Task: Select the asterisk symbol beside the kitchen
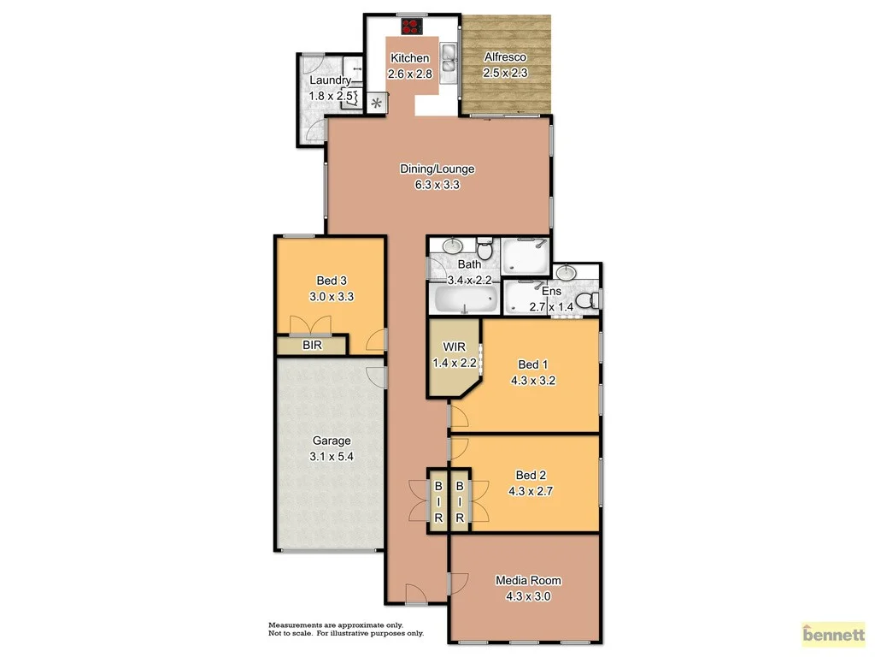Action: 376,104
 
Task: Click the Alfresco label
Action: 505,58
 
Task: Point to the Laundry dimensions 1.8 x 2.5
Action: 331,96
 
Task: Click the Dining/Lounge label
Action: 437,169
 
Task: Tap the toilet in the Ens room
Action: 585,301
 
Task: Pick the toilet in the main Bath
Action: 485,251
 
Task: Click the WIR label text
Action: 453,347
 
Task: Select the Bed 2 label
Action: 530,476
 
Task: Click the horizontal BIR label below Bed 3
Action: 313,346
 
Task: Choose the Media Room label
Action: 529,581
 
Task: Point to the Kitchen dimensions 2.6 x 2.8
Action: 410,74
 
